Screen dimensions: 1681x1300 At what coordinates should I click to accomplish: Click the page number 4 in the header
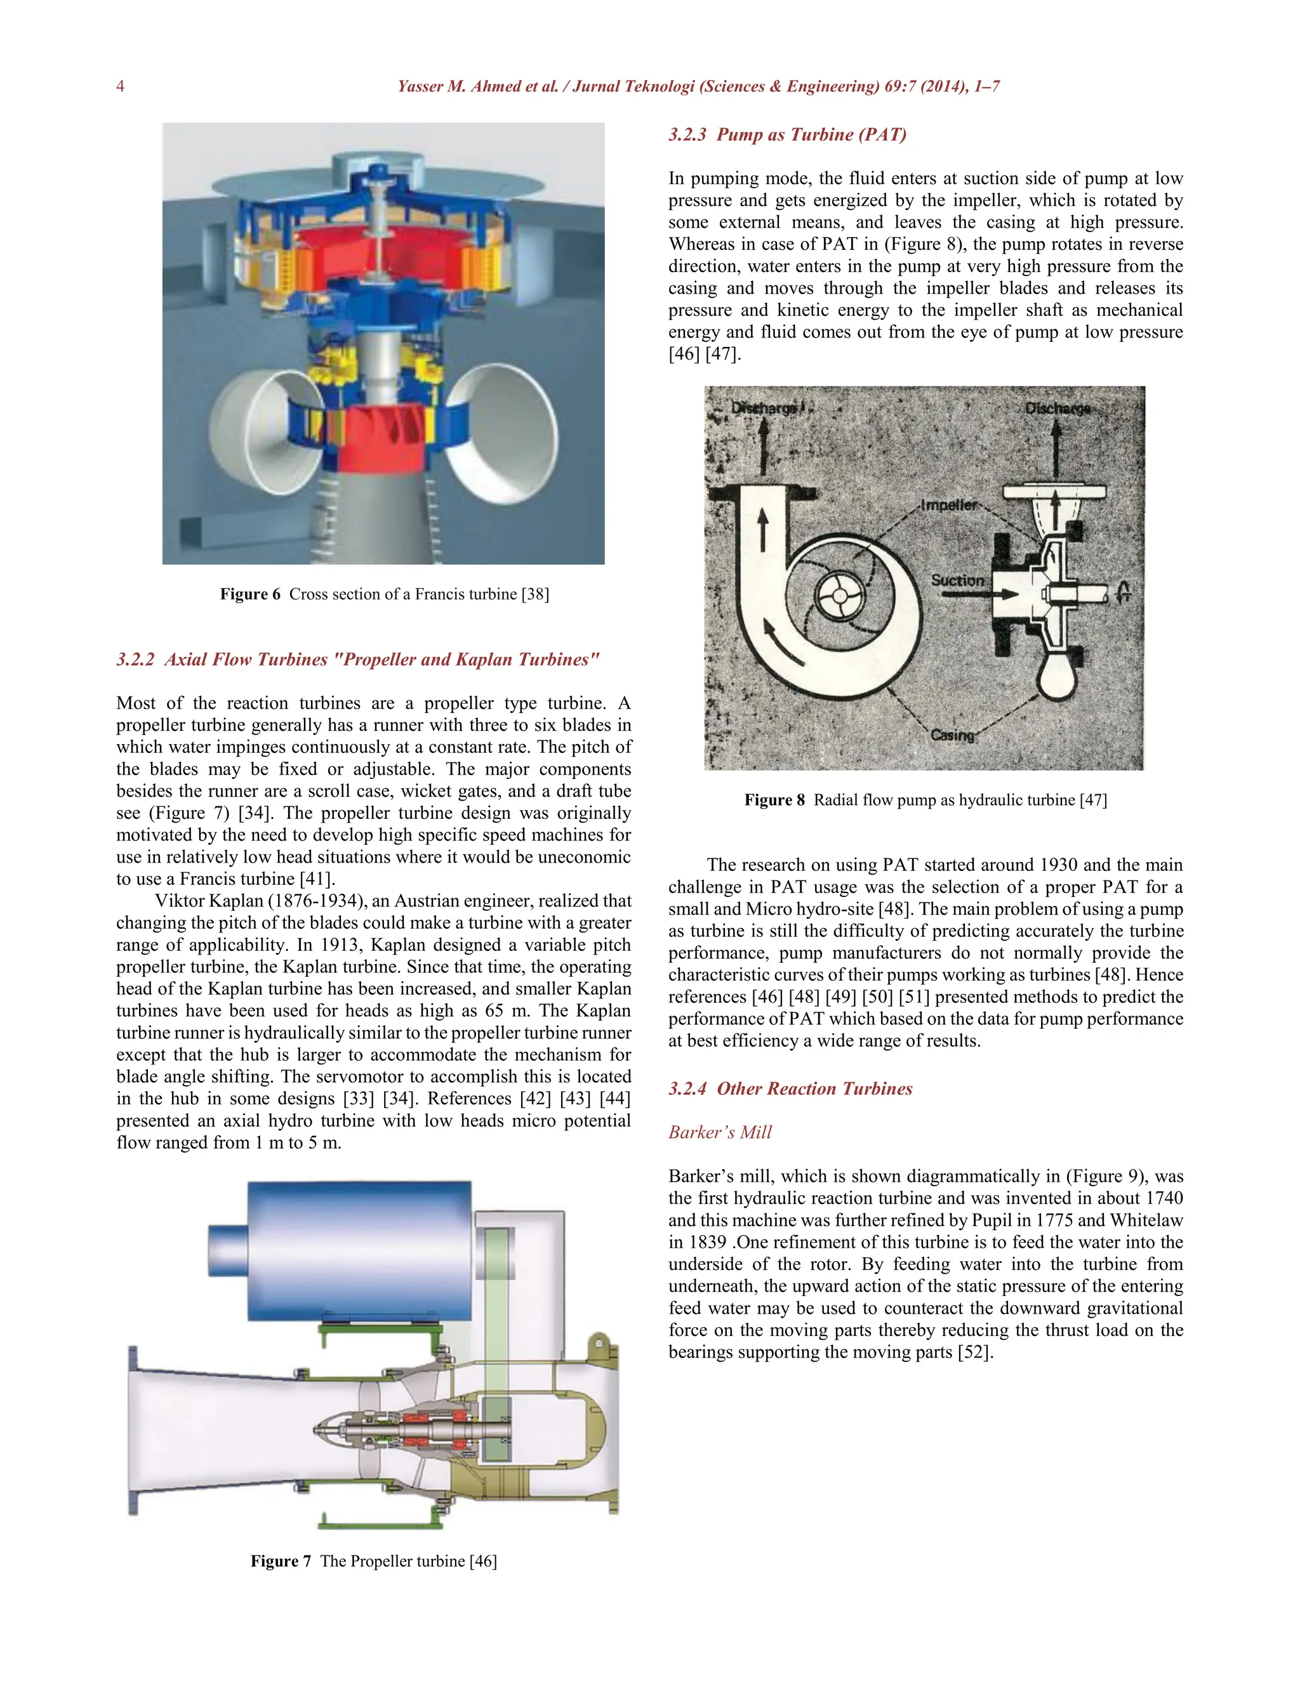[x=120, y=86]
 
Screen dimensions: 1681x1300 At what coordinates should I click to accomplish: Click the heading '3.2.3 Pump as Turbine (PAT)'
[x=787, y=134]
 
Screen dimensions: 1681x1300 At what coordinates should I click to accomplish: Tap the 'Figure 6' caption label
[x=250, y=594]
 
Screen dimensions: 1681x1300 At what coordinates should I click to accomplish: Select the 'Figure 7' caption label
[x=281, y=1561]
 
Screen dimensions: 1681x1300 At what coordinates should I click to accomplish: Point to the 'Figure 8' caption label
[x=774, y=800]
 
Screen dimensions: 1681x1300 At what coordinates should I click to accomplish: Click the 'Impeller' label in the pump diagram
[x=949, y=506]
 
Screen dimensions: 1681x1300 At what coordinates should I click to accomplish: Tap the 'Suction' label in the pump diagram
[x=957, y=580]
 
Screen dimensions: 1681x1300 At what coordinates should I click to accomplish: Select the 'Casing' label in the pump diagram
[x=953, y=735]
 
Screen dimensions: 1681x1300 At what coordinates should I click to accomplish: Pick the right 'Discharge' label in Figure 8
[x=1058, y=409]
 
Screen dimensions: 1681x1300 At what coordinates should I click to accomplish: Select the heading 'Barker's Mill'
[x=719, y=1132]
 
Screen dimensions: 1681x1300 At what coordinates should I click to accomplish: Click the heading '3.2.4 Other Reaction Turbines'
[x=790, y=1089]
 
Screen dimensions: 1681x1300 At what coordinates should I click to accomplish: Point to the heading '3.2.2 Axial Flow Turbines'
[x=358, y=660]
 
